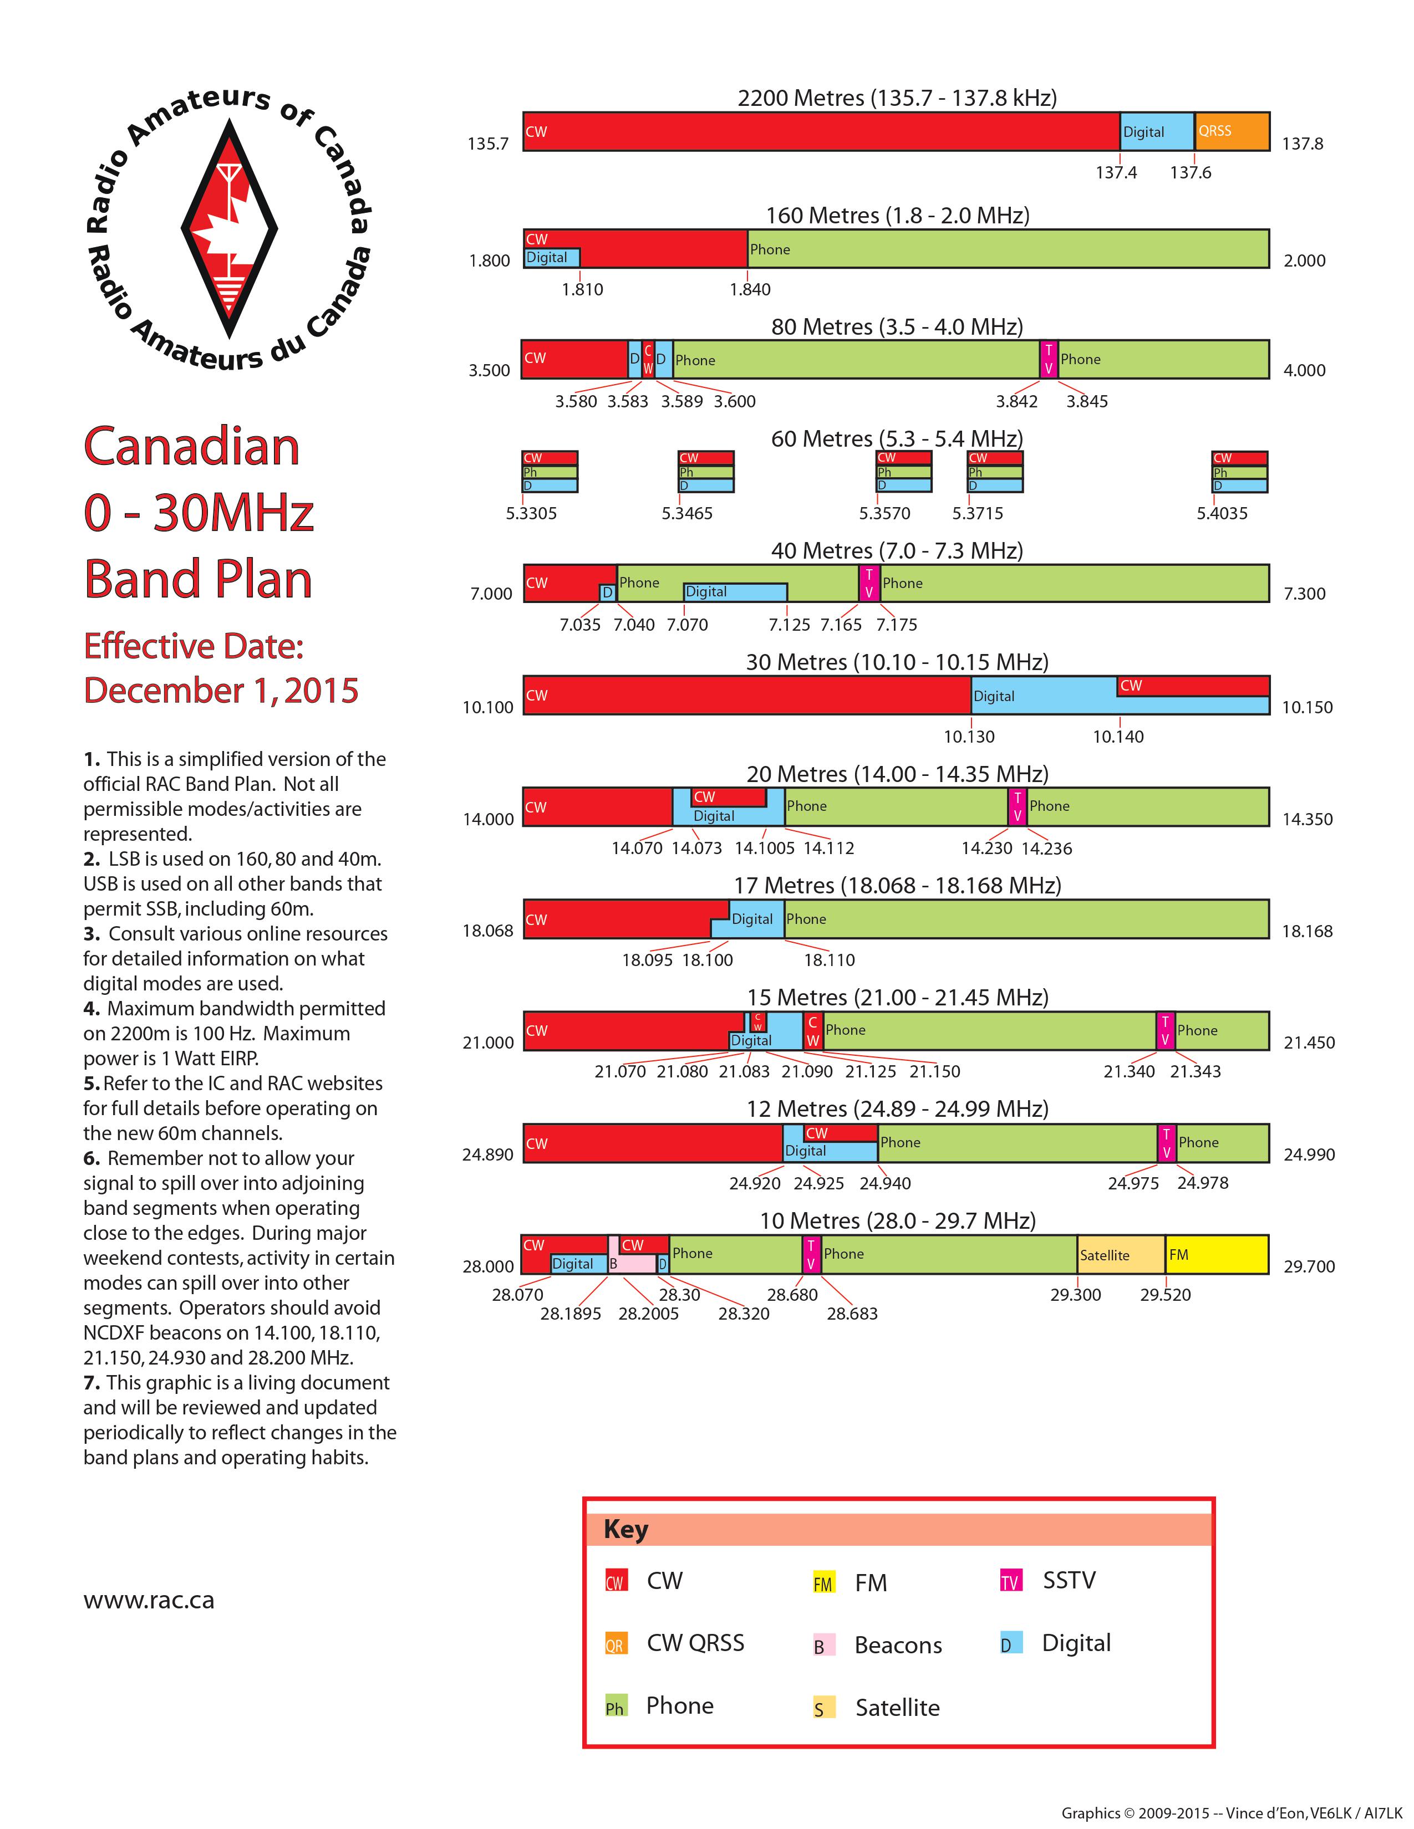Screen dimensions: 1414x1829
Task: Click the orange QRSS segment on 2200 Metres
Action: pos(1232,131)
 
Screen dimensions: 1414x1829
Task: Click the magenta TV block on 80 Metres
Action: pos(1048,359)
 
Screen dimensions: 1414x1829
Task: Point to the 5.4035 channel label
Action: pos(1222,513)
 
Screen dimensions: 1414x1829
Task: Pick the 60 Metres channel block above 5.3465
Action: pos(706,472)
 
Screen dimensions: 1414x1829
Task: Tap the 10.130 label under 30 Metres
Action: pos(969,737)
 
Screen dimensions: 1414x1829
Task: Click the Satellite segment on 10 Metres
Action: pos(1121,1254)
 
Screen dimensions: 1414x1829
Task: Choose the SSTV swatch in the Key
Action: pos(1011,1581)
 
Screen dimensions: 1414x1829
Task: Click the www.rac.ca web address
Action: pos(149,1601)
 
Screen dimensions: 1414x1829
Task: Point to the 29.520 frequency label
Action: pos(1165,1295)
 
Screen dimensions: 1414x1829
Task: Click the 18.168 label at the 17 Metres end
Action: pos(1307,931)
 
